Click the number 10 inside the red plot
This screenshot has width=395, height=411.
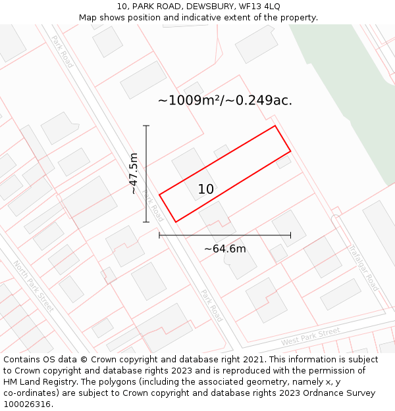tap(205, 189)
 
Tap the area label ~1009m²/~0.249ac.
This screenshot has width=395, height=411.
tap(224, 101)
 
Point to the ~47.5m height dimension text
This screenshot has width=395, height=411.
tap(133, 174)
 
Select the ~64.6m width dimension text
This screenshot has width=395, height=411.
tap(224, 249)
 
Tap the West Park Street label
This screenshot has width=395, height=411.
tap(310, 337)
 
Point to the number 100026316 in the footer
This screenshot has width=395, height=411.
tap(27, 404)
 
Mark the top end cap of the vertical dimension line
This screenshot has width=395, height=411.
tap(146, 126)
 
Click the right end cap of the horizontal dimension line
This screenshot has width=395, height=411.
tap(290, 235)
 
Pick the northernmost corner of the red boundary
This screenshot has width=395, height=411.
tap(275, 126)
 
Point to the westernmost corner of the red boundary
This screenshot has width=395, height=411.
tap(159, 195)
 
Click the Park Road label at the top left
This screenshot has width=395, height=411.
tap(62, 51)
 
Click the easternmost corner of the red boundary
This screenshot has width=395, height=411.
tap(290, 152)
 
